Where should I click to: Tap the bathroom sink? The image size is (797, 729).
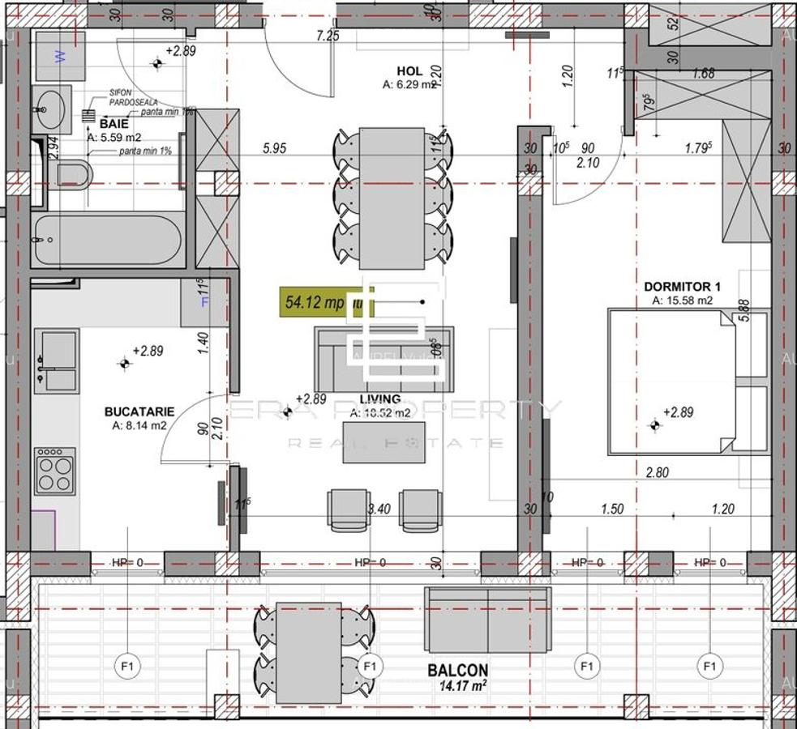point(52,109)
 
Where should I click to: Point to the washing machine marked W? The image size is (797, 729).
point(60,57)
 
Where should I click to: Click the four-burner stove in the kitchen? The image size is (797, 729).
point(54,471)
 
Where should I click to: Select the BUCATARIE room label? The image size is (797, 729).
point(135,411)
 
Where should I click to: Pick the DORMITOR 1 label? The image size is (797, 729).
point(682,287)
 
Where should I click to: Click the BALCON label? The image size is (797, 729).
point(458,671)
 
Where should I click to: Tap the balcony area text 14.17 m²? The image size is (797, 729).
point(463,685)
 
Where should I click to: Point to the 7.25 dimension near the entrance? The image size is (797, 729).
point(328,36)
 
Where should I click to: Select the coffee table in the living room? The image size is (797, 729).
point(384,441)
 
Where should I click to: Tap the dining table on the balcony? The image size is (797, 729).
point(308,653)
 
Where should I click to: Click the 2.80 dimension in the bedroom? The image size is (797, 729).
point(657,473)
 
